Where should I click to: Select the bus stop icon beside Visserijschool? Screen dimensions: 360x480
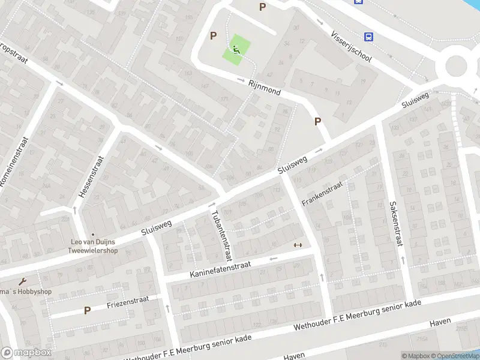(369, 37)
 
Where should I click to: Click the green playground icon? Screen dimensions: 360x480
(236, 48)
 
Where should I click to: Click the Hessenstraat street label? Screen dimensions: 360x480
(91, 178)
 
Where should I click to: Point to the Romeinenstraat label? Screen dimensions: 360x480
(12, 161)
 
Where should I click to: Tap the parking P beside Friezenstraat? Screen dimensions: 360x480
(87, 311)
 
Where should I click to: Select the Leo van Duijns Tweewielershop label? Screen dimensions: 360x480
(92, 247)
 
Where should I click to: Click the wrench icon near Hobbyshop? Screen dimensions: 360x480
(23, 282)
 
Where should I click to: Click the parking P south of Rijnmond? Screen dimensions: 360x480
(318, 121)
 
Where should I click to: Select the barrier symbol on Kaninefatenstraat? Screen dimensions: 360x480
(297, 245)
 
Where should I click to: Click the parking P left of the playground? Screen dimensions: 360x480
(213, 36)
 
